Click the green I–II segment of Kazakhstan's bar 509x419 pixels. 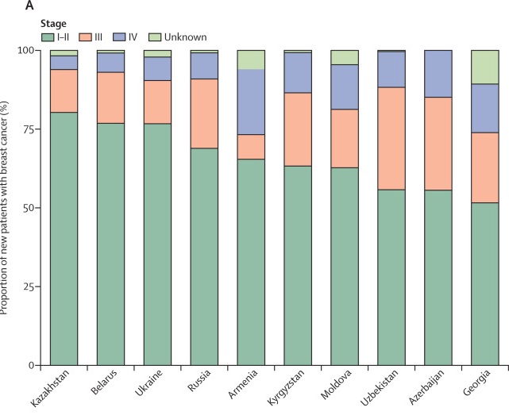coord(64,238)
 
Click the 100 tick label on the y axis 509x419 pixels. coord(28,50)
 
